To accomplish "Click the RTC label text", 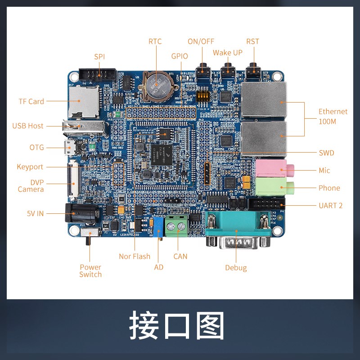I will [155, 41].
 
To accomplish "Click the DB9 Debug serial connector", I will [238, 232].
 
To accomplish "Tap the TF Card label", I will [31, 101].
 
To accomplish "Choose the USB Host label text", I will [28, 126].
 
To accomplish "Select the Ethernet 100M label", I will [333, 117].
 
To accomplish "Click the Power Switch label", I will [90, 270].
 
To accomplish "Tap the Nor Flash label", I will [135, 256].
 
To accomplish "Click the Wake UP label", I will [228, 53].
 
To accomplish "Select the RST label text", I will [253, 41].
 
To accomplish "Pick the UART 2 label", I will [330, 205].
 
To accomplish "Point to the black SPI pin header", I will [98, 73].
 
